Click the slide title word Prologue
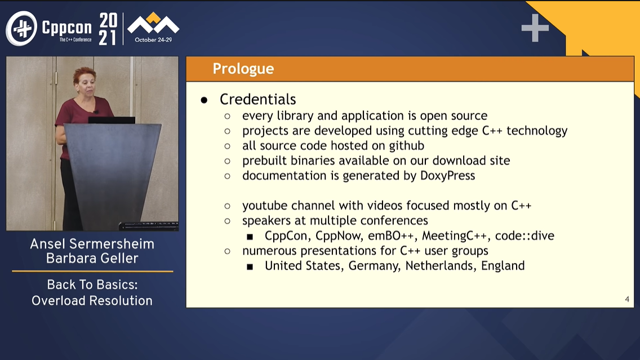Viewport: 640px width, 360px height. pos(243,69)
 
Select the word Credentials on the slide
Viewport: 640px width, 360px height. pos(257,99)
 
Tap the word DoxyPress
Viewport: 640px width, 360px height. pos(448,176)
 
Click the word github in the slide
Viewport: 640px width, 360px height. pos(407,146)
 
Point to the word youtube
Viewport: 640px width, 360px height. pos(265,205)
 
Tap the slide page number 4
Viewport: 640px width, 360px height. pos(627,299)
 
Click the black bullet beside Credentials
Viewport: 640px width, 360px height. pos(204,100)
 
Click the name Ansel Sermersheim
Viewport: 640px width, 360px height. pos(92,244)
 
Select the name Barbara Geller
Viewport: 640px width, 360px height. pos(92,259)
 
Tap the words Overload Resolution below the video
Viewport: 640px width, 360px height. pos(92,301)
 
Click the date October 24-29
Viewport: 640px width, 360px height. pos(153,40)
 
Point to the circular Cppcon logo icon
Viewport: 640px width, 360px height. pos(21,28)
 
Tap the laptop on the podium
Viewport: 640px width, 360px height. pos(112,120)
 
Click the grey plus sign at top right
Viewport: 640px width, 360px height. pos(535,28)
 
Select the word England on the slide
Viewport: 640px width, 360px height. pos(503,266)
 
